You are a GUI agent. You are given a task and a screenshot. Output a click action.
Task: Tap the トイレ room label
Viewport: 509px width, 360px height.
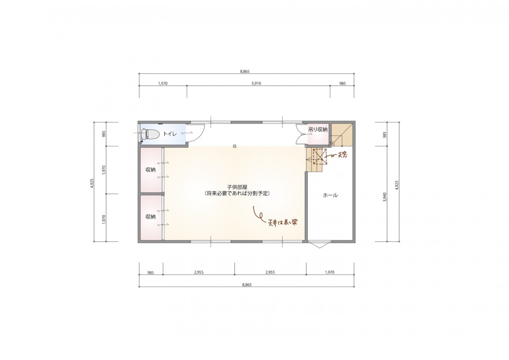point(170,134)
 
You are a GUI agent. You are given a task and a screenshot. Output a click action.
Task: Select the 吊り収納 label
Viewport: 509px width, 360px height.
point(318,130)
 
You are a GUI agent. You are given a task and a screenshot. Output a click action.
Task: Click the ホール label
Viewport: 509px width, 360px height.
point(331,195)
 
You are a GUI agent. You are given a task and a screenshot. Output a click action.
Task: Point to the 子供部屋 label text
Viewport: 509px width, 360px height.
point(237,187)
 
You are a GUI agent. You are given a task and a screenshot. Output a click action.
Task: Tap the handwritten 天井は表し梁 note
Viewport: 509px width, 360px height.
point(283,222)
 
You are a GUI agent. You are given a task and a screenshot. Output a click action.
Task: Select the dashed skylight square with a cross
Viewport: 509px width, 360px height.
point(320,156)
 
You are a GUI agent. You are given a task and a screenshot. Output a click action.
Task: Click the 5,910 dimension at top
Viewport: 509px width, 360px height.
point(256,84)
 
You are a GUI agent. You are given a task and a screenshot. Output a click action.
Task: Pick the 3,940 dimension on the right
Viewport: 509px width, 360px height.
point(384,197)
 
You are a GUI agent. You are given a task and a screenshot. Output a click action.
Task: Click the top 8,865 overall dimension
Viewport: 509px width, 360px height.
point(245,71)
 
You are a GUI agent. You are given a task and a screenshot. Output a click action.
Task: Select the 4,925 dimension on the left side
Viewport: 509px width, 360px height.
point(92,183)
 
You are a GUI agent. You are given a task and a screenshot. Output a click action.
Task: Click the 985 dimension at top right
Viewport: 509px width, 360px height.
point(342,84)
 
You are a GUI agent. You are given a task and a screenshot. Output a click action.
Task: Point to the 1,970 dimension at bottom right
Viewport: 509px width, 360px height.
point(330,272)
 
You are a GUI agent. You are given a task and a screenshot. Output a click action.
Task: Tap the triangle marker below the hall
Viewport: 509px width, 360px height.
point(320,245)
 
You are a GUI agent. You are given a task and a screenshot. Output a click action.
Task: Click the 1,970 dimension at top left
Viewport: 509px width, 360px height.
point(163,84)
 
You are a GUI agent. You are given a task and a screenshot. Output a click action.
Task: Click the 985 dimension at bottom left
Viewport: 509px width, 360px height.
point(150,273)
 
